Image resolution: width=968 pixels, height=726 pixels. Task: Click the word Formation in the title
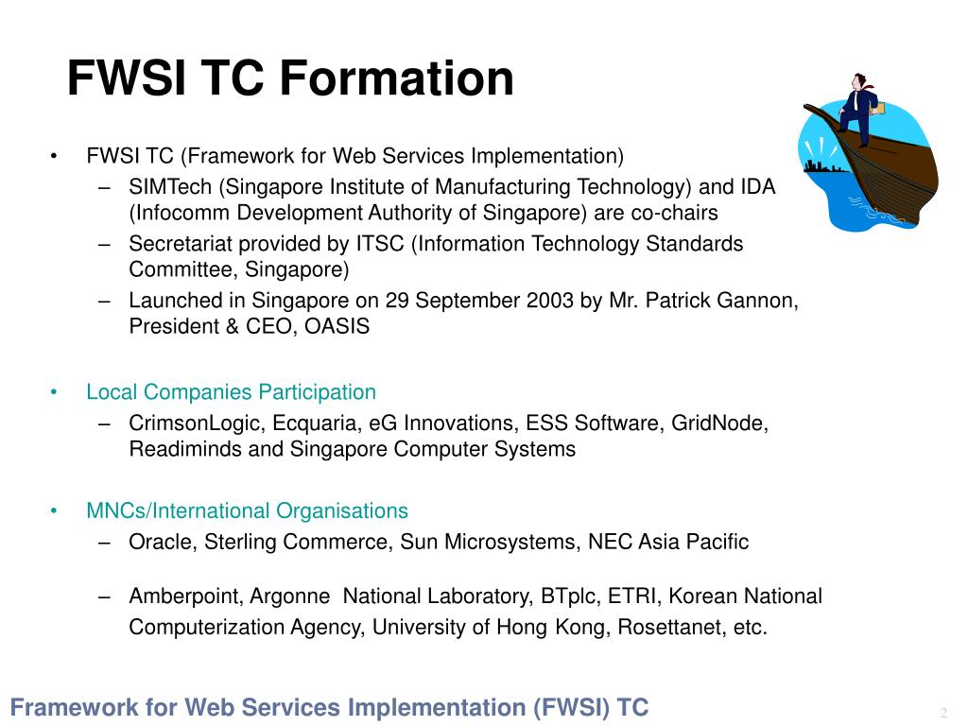pyautogui.click(x=396, y=78)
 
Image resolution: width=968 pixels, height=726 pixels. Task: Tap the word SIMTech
pyautogui.click(x=170, y=186)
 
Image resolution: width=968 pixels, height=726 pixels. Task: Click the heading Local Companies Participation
pyautogui.click(x=231, y=392)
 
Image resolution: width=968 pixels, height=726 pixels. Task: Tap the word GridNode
pyautogui.click(x=719, y=423)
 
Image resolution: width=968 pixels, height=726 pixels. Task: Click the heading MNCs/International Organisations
pyautogui.click(x=247, y=511)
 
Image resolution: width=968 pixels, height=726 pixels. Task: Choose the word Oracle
pyautogui.click(x=163, y=542)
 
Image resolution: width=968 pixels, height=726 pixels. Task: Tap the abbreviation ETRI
pyautogui.click(x=631, y=596)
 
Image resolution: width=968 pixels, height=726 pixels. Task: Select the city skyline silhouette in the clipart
pyautogui.click(x=823, y=166)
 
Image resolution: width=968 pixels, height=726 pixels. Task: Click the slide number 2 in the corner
pyautogui.click(x=943, y=713)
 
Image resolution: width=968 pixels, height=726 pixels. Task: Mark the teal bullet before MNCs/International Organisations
pyautogui.click(x=54, y=510)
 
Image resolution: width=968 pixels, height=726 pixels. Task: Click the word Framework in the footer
pyautogui.click(x=74, y=707)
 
